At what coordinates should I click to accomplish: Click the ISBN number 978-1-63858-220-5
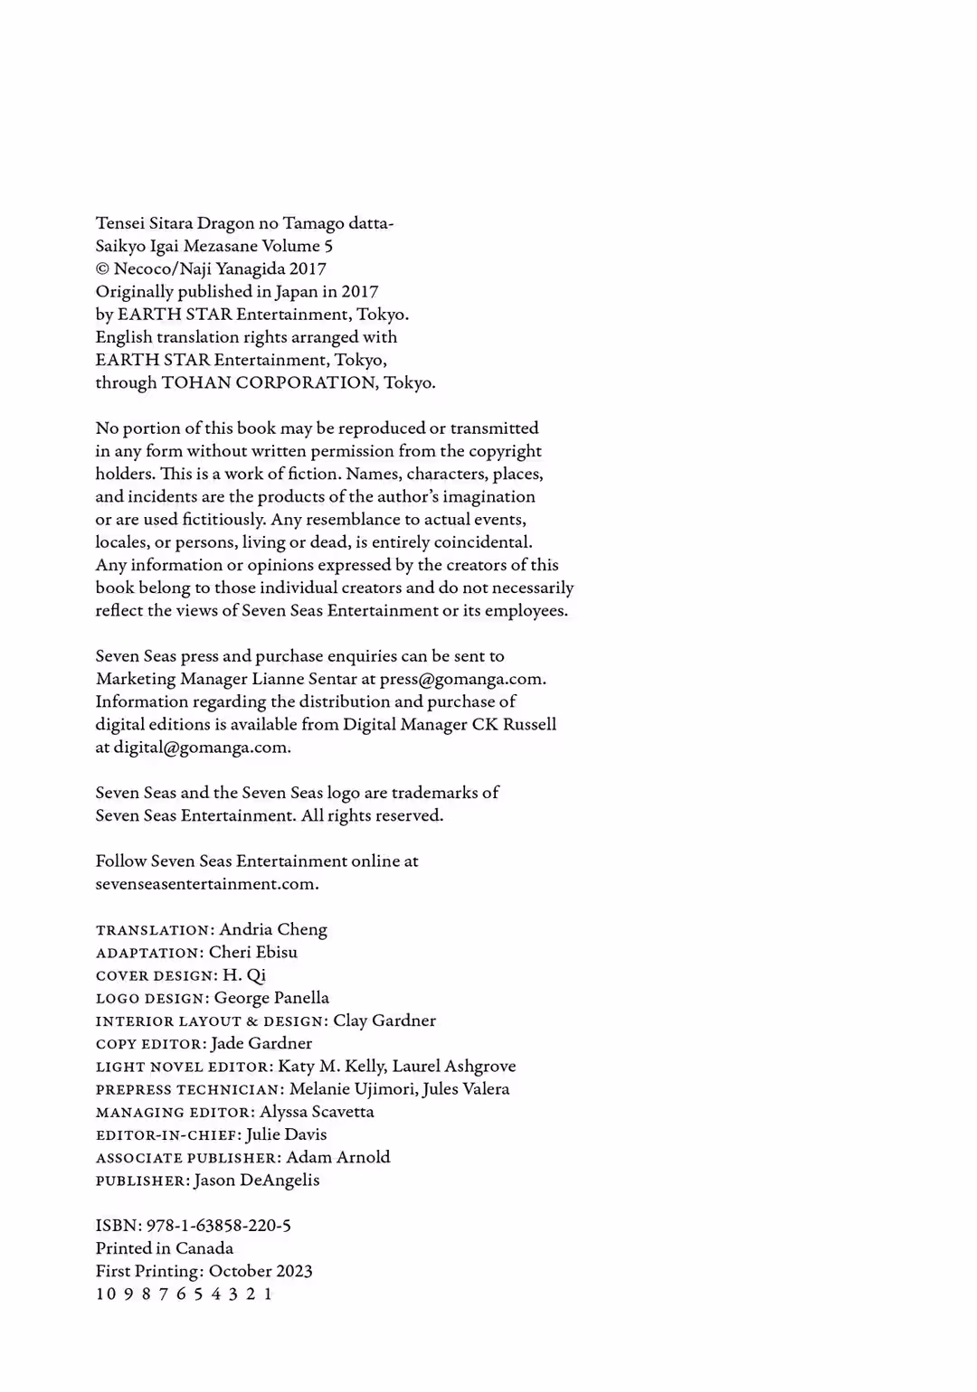click(x=218, y=1226)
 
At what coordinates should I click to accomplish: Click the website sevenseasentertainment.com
click(x=207, y=884)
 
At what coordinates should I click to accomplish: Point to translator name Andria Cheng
click(x=273, y=929)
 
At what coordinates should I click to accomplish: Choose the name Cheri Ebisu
click(x=253, y=952)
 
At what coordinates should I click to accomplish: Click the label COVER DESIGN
click(x=156, y=976)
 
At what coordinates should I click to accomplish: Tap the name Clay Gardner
click(x=384, y=1020)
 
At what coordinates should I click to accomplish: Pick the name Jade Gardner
click(x=261, y=1043)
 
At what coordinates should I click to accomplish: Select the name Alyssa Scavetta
click(x=317, y=1112)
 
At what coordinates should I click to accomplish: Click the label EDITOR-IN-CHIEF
click(x=167, y=1135)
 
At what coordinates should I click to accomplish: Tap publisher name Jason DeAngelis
click(x=257, y=1180)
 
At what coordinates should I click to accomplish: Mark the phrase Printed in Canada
click(x=165, y=1248)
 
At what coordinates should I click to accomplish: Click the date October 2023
click(x=261, y=1271)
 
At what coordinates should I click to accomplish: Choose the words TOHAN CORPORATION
click(x=268, y=382)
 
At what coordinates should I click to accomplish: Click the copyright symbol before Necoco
click(x=102, y=269)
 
